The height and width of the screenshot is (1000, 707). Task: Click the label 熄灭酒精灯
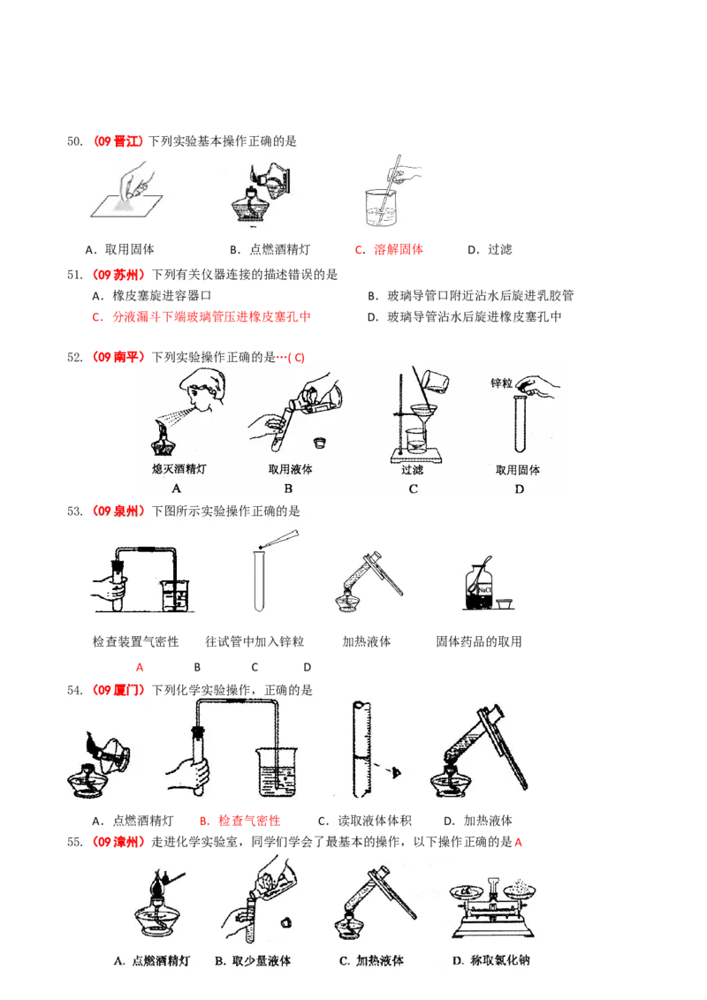(179, 470)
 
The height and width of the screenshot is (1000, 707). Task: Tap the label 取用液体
(291, 470)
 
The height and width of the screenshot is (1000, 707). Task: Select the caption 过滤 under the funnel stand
(414, 470)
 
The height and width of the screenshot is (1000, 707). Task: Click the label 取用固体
(518, 470)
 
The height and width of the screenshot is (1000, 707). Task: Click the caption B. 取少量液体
(253, 960)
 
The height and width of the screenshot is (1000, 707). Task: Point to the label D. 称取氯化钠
(491, 960)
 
